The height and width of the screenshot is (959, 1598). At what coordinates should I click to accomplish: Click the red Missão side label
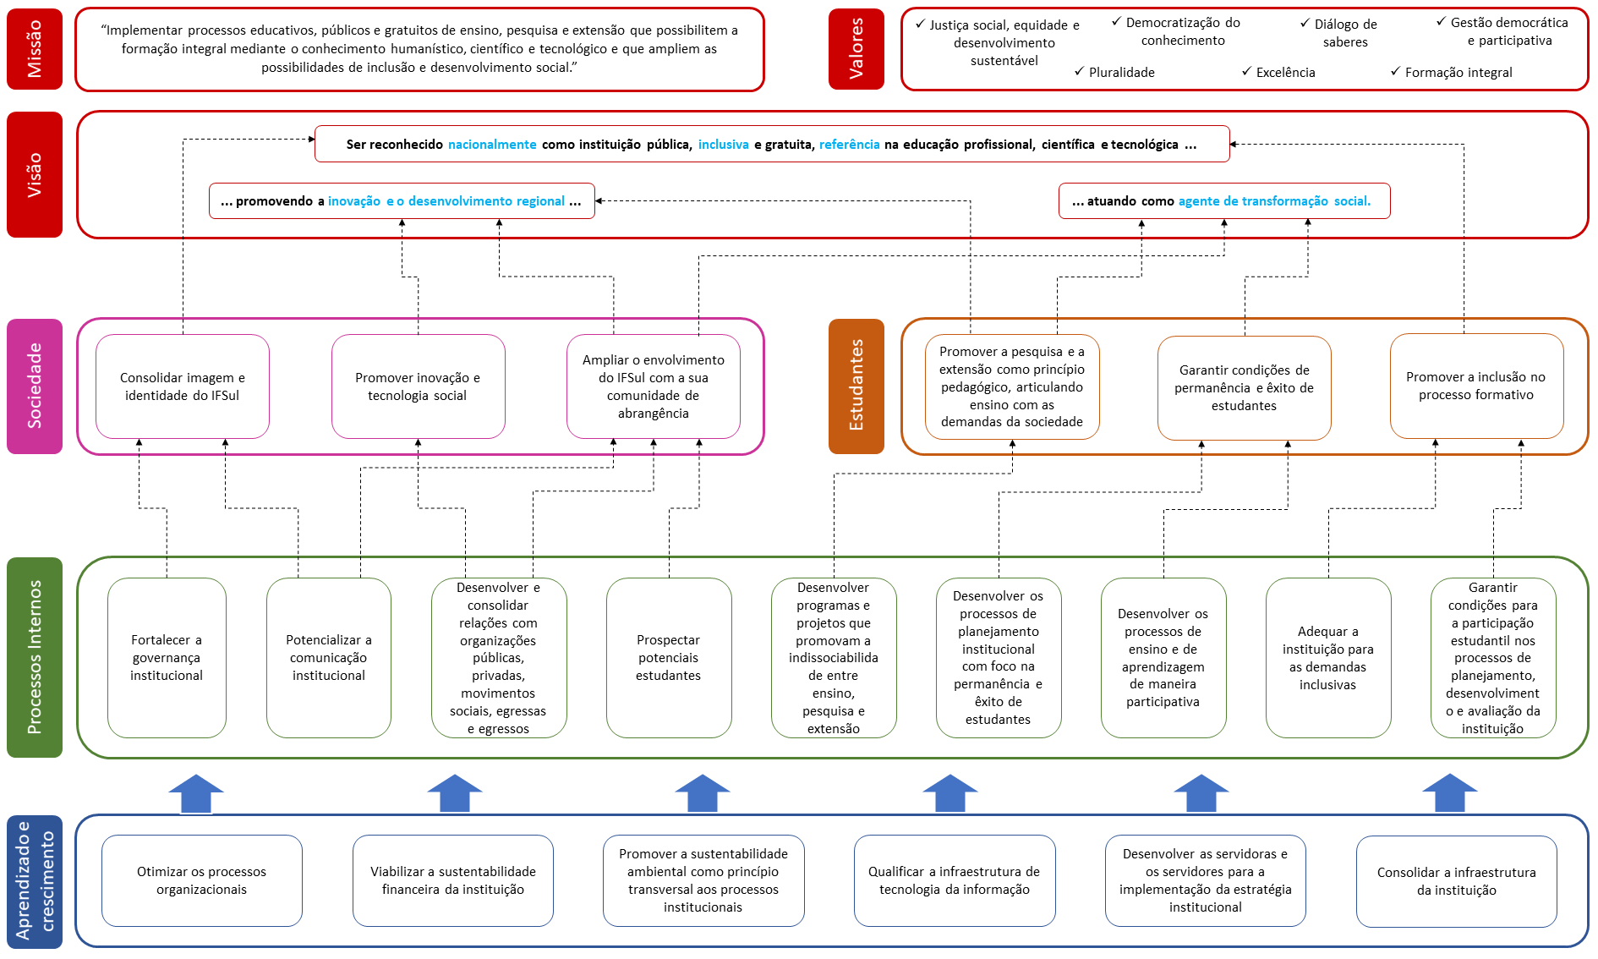tap(35, 49)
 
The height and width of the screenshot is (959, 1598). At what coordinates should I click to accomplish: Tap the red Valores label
tap(856, 49)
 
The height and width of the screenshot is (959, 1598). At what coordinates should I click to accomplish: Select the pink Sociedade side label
tap(35, 386)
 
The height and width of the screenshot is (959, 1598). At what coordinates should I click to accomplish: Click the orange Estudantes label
tap(856, 386)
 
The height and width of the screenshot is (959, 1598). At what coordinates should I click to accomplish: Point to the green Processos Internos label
tap(35, 657)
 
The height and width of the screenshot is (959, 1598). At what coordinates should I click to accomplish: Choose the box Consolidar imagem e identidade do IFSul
tap(183, 386)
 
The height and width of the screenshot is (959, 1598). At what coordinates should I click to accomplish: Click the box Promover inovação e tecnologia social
tap(418, 386)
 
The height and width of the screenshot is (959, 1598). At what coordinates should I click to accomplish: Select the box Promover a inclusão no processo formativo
tap(1476, 386)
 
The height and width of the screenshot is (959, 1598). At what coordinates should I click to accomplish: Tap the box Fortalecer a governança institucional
tap(167, 657)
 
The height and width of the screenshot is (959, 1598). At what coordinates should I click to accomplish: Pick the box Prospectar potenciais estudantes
tap(669, 657)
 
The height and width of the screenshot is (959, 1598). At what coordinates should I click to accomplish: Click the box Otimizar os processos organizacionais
tap(201, 880)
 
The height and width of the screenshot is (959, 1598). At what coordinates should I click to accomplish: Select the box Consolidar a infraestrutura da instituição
tap(1456, 881)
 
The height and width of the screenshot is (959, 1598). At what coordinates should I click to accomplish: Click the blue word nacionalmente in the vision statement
tap(492, 145)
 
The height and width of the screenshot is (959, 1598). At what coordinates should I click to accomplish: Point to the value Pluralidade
tap(1121, 73)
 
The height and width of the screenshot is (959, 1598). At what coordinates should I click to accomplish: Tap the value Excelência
tap(1285, 73)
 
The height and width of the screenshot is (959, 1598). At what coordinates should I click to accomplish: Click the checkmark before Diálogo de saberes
tap(1305, 24)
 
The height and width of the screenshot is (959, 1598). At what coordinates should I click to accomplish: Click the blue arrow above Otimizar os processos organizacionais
tap(196, 794)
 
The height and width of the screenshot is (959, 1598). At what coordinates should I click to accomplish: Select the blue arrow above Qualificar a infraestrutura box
tap(950, 794)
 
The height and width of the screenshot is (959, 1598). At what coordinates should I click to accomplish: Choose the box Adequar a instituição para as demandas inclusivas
tap(1328, 657)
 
